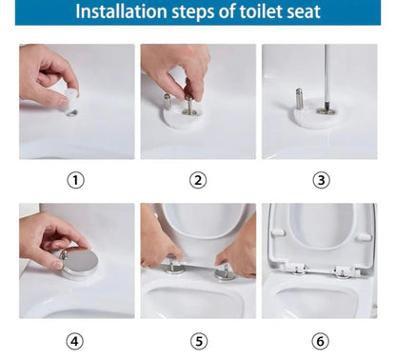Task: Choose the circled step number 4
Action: click(x=76, y=340)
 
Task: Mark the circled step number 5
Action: click(x=198, y=340)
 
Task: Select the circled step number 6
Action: click(x=320, y=340)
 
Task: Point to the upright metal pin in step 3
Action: click(x=298, y=99)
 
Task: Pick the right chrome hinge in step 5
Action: click(x=225, y=272)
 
